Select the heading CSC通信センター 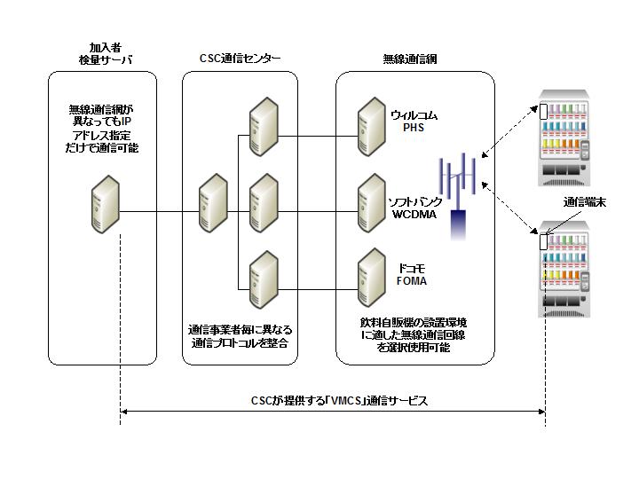point(240,59)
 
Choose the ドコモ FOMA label point(411,273)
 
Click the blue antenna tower point(458,195)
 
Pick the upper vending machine point(570,137)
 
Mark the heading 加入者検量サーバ point(104,52)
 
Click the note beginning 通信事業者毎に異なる point(239,334)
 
